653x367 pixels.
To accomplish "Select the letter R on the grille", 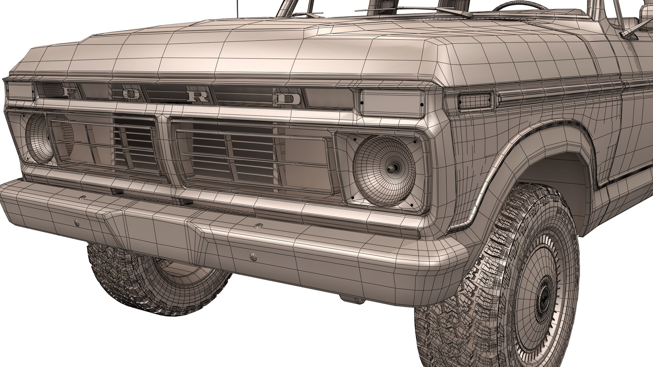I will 199,97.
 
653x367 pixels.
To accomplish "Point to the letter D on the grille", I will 289,99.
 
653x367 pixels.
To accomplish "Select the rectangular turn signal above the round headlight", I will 391,103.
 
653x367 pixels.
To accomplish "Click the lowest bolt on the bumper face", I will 253,257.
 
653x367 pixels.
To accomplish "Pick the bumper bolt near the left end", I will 77,223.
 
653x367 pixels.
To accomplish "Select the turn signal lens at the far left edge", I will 19,91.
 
